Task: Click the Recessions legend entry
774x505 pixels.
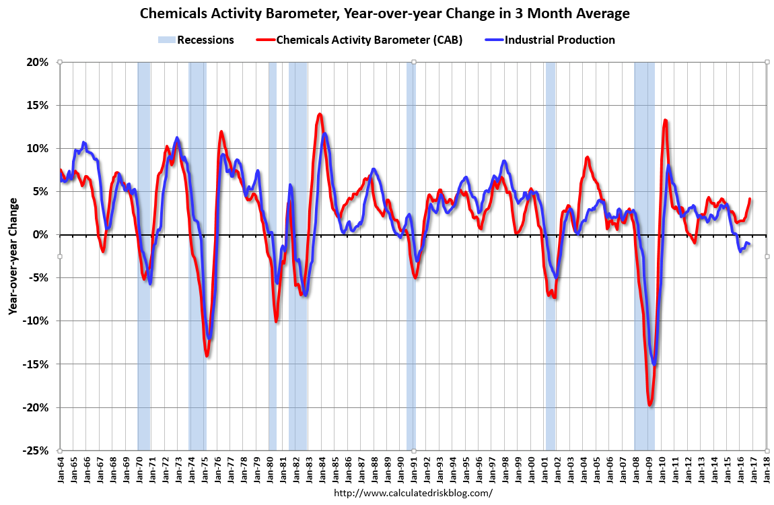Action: [205, 40]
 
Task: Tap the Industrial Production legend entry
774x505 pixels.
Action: [559, 40]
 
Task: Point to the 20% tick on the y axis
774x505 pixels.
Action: [38, 62]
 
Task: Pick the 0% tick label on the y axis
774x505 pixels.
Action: [41, 235]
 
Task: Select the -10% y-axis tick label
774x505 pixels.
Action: [36, 321]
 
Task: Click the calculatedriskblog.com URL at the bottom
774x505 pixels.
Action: [413, 493]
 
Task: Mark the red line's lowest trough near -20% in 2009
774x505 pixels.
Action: [650, 405]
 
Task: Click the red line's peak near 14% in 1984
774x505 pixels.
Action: [320, 114]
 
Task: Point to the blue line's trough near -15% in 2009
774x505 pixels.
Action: [654, 364]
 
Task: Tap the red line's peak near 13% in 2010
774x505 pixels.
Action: [665, 121]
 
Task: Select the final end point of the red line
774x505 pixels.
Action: [750, 199]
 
